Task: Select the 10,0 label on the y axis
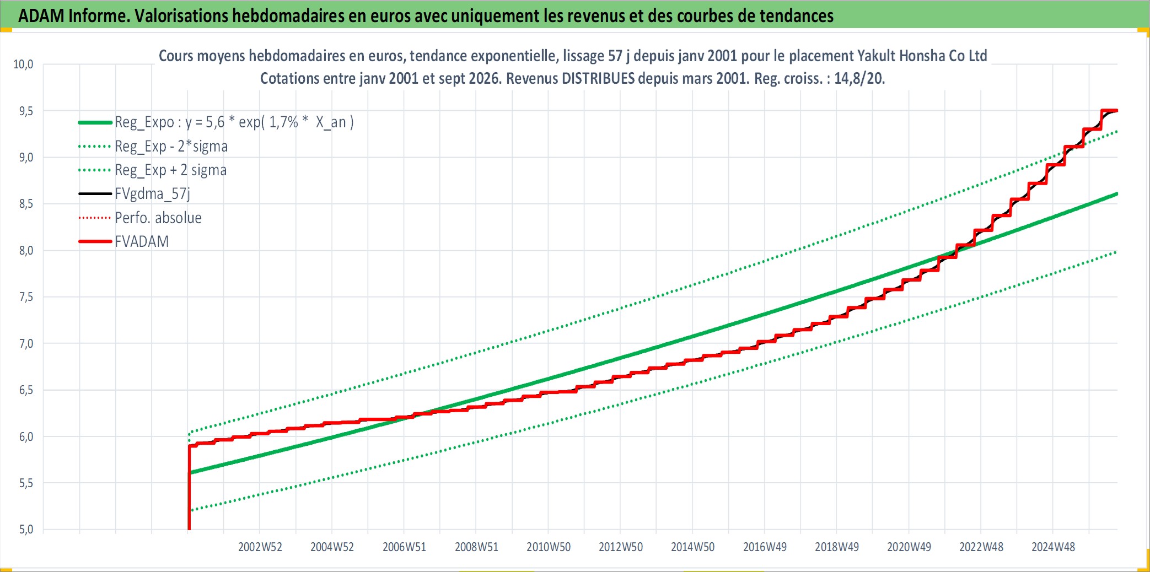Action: [23, 64]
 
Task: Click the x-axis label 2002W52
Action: [260, 547]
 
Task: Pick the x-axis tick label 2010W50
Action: [549, 547]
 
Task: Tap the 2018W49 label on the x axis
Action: [837, 547]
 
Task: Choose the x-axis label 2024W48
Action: [1054, 547]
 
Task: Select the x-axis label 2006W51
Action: [405, 547]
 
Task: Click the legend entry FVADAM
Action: [142, 241]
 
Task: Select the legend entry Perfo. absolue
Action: [158, 218]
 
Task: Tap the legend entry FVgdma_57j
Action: [152, 194]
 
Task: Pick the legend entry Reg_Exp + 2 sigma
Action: [170, 170]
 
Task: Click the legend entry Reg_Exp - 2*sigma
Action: [171, 147]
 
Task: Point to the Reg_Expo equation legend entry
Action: [234, 122]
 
